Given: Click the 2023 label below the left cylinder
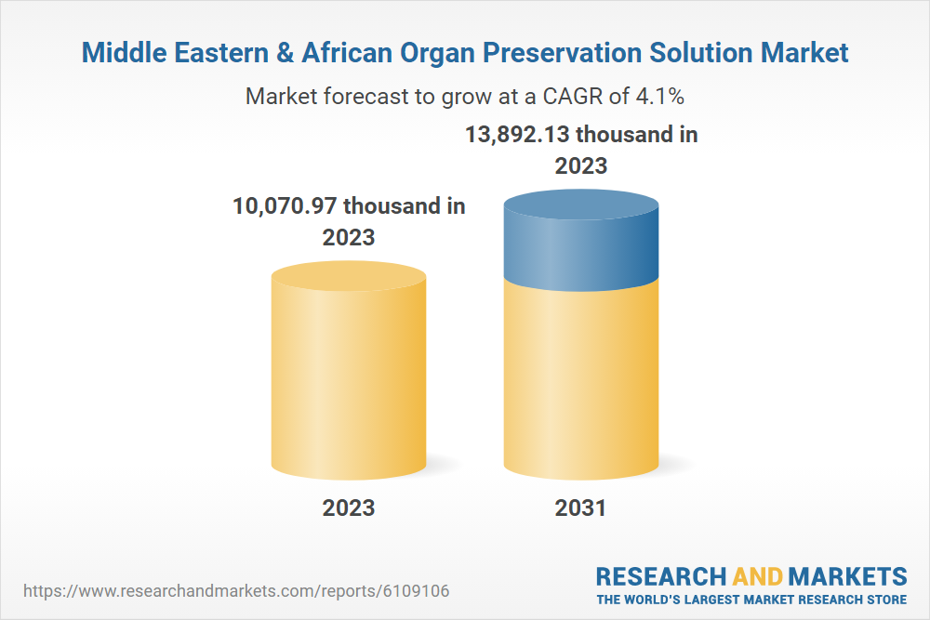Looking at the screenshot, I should tap(349, 508).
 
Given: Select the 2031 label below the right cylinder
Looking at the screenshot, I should tap(580, 508).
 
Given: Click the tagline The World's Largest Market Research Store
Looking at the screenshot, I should tap(751, 600).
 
